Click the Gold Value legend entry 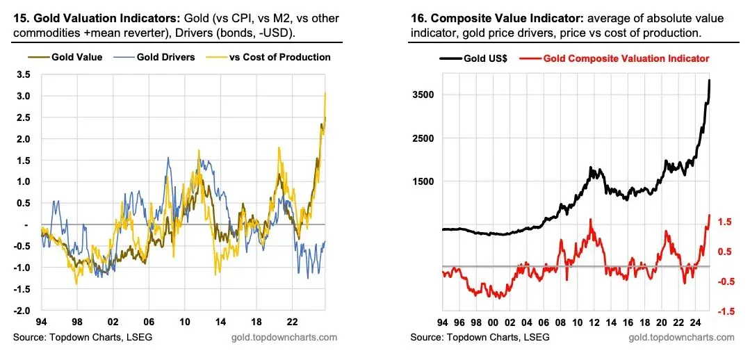pos(77,57)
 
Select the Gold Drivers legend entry pos(166,57)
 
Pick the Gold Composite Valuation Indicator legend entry pos(626,58)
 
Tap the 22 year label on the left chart pos(292,324)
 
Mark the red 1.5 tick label pos(725,222)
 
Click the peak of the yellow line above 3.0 pos(325,92)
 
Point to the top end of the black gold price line pos(710,81)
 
